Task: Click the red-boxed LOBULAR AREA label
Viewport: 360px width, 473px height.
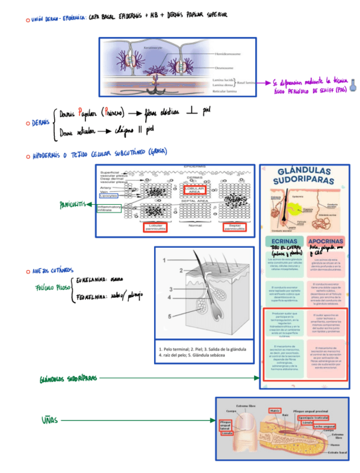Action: coord(195,190)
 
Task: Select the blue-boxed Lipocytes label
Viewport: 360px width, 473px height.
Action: coord(109,196)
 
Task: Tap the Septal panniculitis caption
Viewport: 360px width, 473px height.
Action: coord(234,228)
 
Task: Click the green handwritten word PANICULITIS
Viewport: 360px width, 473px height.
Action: coord(73,205)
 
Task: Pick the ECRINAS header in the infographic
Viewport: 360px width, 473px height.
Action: coord(284,240)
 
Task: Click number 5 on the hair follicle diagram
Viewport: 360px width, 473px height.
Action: coord(164,316)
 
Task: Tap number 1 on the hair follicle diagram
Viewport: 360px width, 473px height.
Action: coord(164,260)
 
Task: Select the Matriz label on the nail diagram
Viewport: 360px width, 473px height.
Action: coord(274,411)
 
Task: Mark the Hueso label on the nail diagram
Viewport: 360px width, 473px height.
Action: coord(334,445)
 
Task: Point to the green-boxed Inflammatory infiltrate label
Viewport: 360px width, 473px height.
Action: coord(108,209)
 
